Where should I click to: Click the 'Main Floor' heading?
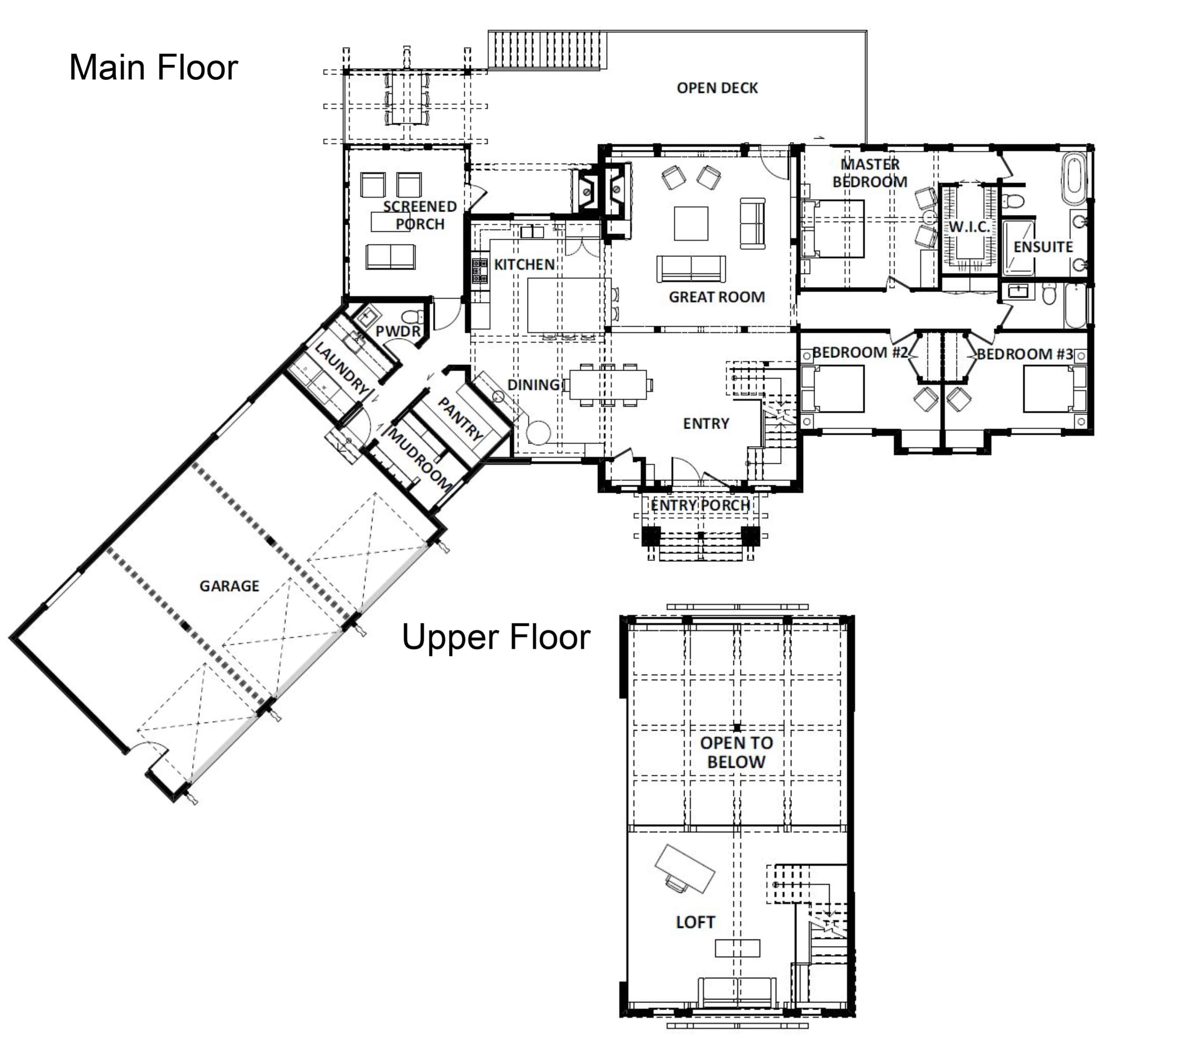point(153,67)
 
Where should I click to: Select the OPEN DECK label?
point(717,88)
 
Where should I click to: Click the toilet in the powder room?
point(412,317)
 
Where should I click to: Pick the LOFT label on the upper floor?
point(695,922)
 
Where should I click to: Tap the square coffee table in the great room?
point(691,223)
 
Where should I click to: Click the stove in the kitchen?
point(479,271)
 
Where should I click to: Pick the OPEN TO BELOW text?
point(736,752)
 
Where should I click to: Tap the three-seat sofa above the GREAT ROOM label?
point(691,268)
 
